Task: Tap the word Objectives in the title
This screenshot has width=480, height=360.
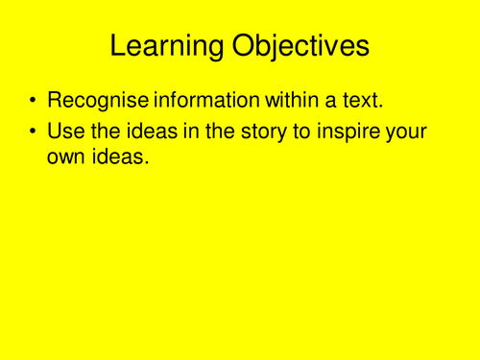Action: click(300, 46)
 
